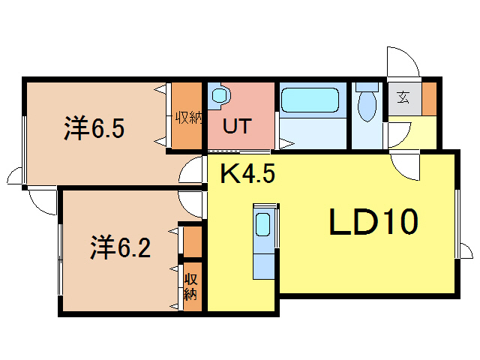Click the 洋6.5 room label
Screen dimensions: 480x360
point(94,128)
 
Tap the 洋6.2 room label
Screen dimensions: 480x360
point(120,247)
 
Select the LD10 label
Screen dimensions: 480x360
point(373,222)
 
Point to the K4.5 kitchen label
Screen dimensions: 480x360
point(248,173)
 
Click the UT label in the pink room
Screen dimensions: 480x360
point(237,126)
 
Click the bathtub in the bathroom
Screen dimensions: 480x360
point(310,100)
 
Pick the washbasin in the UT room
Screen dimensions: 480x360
point(220,95)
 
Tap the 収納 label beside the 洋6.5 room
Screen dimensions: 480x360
point(189,118)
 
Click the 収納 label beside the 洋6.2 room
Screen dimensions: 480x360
point(190,286)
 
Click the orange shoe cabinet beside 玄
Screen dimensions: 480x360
point(430,99)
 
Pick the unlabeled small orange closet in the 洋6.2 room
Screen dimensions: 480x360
point(193,241)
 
